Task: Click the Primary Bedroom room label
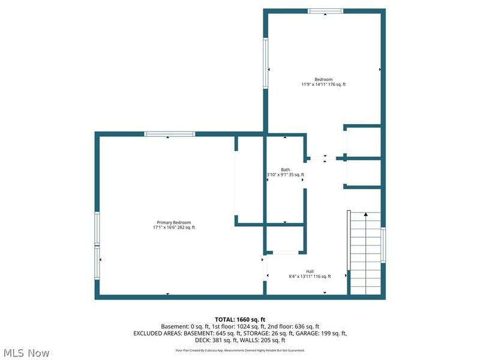(x=173, y=222)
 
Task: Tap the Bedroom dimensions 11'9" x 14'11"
(x=323, y=85)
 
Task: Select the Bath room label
(x=286, y=169)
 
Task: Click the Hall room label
(x=310, y=271)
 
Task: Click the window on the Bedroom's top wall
(x=326, y=11)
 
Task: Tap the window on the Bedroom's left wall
(x=265, y=64)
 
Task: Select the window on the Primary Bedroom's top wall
(x=169, y=134)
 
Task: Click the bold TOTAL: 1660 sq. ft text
(x=239, y=319)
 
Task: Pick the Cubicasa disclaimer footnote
(x=239, y=350)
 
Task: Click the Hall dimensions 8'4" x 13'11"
(x=310, y=277)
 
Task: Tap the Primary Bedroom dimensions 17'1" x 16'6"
(x=173, y=227)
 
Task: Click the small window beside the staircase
(x=383, y=245)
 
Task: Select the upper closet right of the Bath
(x=363, y=142)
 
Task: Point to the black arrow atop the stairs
(x=365, y=214)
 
